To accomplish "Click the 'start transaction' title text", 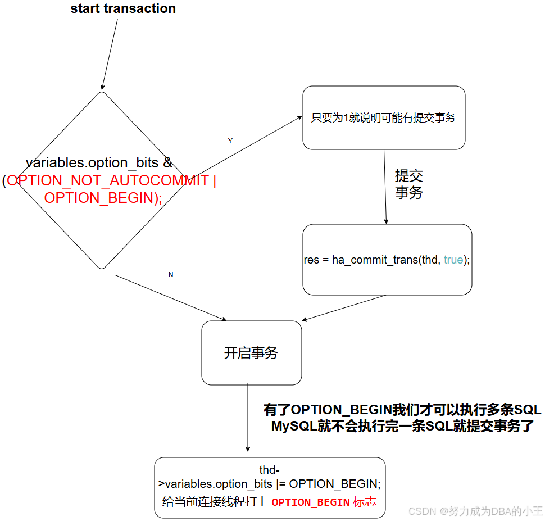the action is pos(123,9).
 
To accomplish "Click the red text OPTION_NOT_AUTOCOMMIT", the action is pos(107,181).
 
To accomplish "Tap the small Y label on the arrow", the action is pos(230,141).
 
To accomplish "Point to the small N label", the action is pos(171,275).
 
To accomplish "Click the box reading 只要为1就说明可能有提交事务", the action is pos(384,117).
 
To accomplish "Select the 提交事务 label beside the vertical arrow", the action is pos(408,184).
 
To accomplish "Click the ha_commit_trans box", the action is pos(387,260).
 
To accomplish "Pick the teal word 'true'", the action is pos(453,260).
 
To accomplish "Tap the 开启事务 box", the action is pos(251,353).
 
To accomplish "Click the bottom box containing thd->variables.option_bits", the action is pos(270,487).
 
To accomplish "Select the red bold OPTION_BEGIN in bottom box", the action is pos(311,502).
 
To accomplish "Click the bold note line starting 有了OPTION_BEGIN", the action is pos(402,410).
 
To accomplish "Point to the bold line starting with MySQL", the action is pos(403,426).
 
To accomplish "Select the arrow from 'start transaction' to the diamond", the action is pos(110,53).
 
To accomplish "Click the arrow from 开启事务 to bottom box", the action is pos(248,416).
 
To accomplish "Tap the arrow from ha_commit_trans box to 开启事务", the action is pos(344,308).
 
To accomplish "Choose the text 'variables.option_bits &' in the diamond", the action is pos(99,163).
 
